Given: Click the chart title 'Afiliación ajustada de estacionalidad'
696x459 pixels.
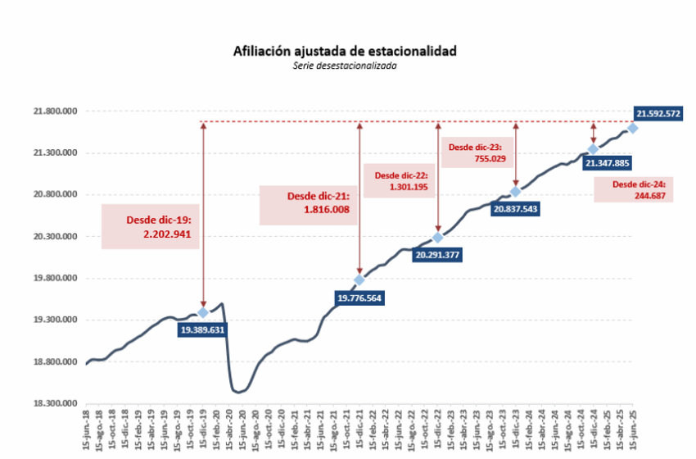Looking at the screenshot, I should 345,51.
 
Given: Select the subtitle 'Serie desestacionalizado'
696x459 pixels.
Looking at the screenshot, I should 345,65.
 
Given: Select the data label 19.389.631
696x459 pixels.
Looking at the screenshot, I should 201,329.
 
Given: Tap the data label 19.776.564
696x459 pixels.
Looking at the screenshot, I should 358,298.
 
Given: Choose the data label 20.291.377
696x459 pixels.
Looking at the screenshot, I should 437,255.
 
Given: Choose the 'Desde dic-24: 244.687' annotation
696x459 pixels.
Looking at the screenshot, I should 639,190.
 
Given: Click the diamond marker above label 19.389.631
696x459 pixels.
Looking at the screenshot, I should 203,312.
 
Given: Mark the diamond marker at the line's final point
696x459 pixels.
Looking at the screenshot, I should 633,128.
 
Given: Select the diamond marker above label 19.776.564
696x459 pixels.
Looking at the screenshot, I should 359,280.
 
